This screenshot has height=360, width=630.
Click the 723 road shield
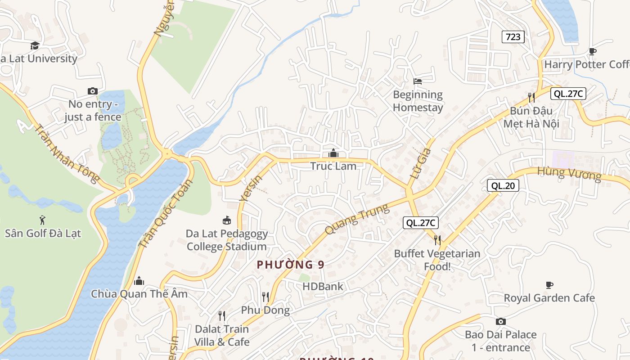[x=513, y=37]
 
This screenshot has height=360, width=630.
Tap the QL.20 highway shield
[x=503, y=185]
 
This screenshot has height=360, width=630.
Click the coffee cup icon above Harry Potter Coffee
[x=593, y=51]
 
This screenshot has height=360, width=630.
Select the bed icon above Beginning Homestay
[x=418, y=81]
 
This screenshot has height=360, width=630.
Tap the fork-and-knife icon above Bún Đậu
[x=531, y=97]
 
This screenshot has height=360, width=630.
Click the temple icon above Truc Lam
[x=333, y=153]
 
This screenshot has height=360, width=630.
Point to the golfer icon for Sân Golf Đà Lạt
[x=42, y=220]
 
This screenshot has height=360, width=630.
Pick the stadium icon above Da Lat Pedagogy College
[x=227, y=220]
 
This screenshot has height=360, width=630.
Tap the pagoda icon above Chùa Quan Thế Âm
[x=139, y=281]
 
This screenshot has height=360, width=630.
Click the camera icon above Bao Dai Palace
[x=500, y=321]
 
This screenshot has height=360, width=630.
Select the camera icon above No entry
[x=92, y=91]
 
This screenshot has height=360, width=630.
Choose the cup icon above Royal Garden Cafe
[x=549, y=285]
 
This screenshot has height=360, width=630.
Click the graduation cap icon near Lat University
[x=35, y=45]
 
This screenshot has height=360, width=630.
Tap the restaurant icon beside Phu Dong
[x=265, y=297]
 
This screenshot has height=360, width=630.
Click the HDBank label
[x=322, y=286]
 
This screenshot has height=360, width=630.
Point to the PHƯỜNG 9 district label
[x=290, y=265]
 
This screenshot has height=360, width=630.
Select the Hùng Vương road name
[x=569, y=173]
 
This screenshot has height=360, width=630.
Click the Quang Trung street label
[x=356, y=219]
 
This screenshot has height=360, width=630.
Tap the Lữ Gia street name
[x=420, y=164]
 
